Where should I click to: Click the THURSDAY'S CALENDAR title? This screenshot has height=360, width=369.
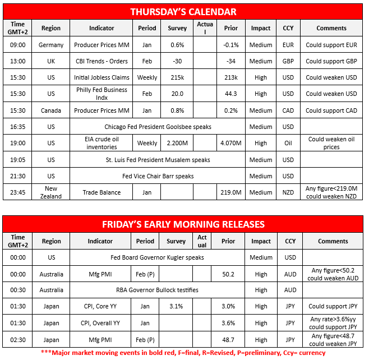point(183,12)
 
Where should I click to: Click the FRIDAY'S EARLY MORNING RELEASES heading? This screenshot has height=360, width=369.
point(183,224)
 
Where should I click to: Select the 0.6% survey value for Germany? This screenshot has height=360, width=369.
point(177,45)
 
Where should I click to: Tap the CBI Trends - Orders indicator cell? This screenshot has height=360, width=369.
point(102,61)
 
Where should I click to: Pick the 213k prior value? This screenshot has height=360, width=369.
point(230,77)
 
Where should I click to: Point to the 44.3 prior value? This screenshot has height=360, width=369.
point(230,94)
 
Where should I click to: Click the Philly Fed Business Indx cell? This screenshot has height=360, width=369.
point(102,94)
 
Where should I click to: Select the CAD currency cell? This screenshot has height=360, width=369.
point(288,110)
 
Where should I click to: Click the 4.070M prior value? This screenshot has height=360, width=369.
point(230,143)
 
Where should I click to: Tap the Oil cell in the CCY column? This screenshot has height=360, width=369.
point(288,143)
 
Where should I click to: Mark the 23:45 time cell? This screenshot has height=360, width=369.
point(18,192)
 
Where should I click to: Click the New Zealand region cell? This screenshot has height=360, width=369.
point(51,192)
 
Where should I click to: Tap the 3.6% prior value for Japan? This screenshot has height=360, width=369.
point(228,323)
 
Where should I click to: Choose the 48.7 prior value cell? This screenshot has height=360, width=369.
point(228,339)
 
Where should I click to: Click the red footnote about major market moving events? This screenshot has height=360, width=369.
point(183,353)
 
